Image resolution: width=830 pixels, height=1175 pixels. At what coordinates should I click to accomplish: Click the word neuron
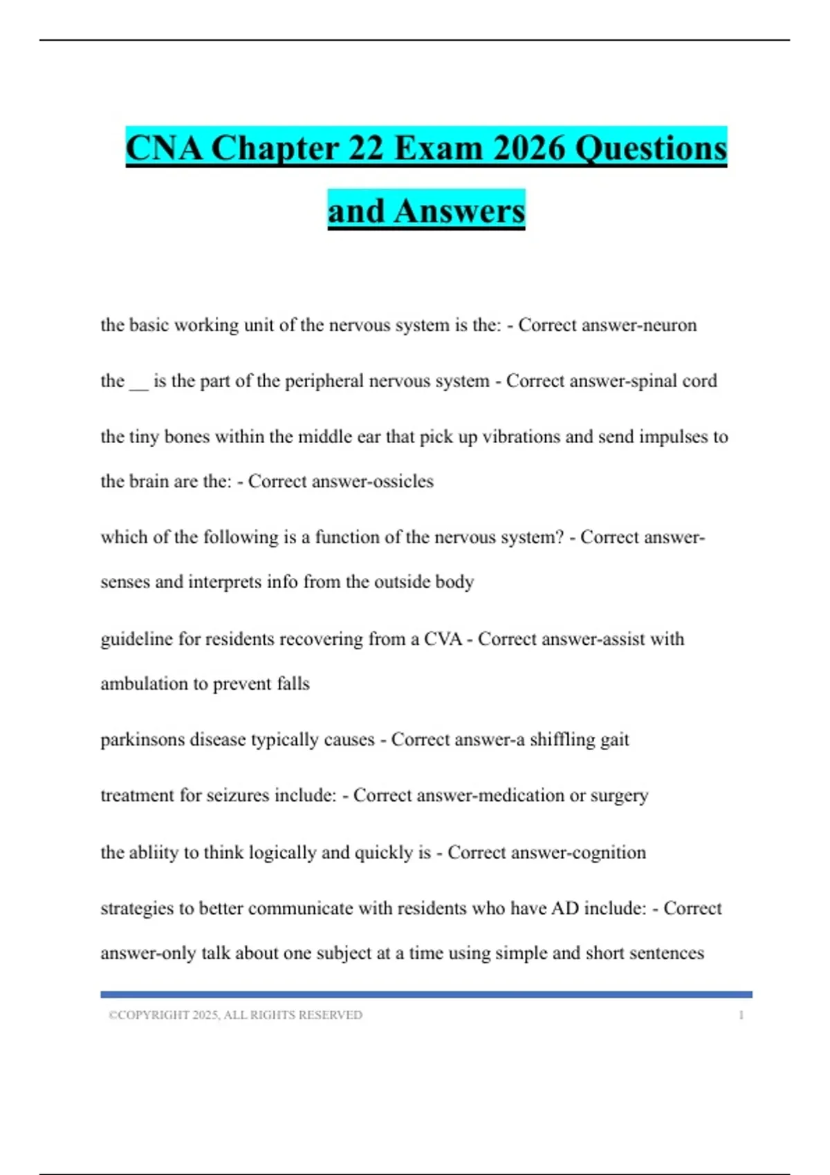pos(670,325)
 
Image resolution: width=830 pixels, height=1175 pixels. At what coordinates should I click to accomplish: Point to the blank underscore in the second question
pos(138,382)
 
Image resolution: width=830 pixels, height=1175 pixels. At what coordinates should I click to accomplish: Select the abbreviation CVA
pos(442,639)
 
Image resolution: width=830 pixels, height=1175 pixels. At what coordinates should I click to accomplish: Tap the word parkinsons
pos(142,740)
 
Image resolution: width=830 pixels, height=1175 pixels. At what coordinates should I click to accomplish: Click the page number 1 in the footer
pos(741,1015)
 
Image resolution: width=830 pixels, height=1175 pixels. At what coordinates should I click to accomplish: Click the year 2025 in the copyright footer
pos(205,1015)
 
